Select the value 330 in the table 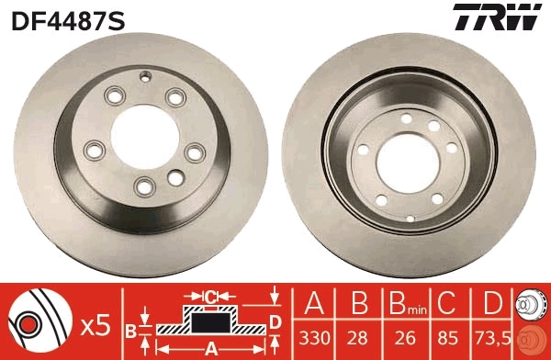click(315, 336)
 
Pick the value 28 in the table click(359, 336)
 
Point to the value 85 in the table click(446, 336)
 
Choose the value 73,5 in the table click(492, 336)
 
